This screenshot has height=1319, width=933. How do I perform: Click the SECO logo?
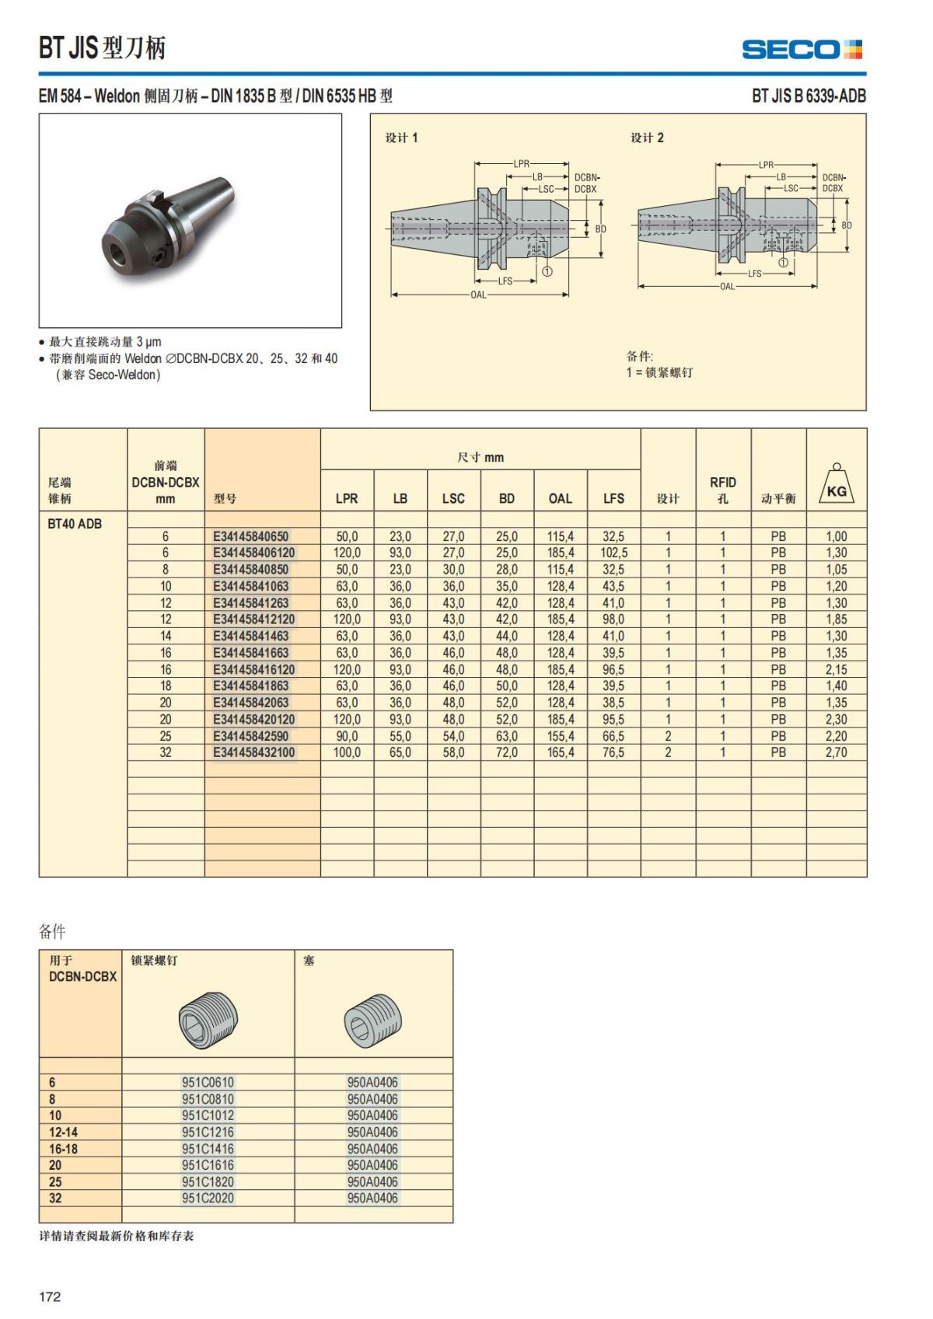(802, 50)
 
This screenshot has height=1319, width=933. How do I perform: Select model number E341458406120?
(254, 553)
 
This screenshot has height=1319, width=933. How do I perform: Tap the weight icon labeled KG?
(837, 486)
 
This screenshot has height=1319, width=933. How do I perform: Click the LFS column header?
(613, 498)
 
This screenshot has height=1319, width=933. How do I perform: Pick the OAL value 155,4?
(560, 736)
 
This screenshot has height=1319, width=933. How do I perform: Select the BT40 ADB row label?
(75, 524)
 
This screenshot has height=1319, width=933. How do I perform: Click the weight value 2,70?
(836, 752)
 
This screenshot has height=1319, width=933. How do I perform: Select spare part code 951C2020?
(208, 1198)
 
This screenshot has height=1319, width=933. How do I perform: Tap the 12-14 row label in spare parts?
(63, 1132)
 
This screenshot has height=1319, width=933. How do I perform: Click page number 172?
(50, 1296)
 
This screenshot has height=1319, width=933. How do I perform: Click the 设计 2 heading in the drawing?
(647, 138)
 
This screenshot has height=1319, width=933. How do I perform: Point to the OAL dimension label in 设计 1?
(478, 295)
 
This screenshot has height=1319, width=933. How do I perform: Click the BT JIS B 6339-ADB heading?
(808, 96)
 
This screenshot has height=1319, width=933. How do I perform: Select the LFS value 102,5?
(613, 553)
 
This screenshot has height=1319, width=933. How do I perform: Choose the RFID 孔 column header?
(722, 490)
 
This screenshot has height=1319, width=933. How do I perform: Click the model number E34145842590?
(250, 736)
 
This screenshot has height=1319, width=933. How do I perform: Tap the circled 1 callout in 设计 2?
(783, 262)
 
